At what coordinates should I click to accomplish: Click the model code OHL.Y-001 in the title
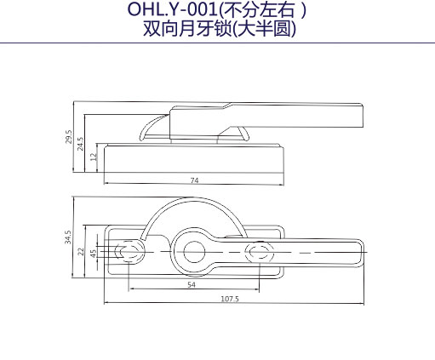click(x=172, y=9)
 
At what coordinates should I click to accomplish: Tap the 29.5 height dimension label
click(x=69, y=137)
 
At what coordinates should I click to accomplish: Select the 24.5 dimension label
click(x=81, y=144)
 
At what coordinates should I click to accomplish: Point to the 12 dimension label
click(x=94, y=157)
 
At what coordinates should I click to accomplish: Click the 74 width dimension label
click(x=194, y=180)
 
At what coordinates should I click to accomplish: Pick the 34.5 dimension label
click(x=68, y=237)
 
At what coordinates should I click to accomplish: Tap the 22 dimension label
click(x=81, y=252)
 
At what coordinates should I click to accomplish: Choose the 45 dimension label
click(x=94, y=254)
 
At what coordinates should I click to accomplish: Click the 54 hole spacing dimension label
click(x=192, y=284)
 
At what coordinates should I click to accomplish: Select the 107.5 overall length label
click(x=230, y=299)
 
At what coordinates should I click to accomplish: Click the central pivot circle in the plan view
click(x=194, y=252)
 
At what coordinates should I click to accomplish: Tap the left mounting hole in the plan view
click(x=128, y=252)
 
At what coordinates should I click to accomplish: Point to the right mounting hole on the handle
click(x=260, y=252)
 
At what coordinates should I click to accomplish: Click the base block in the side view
click(x=194, y=158)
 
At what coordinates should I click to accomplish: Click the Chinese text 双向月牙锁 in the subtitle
click(x=187, y=28)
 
